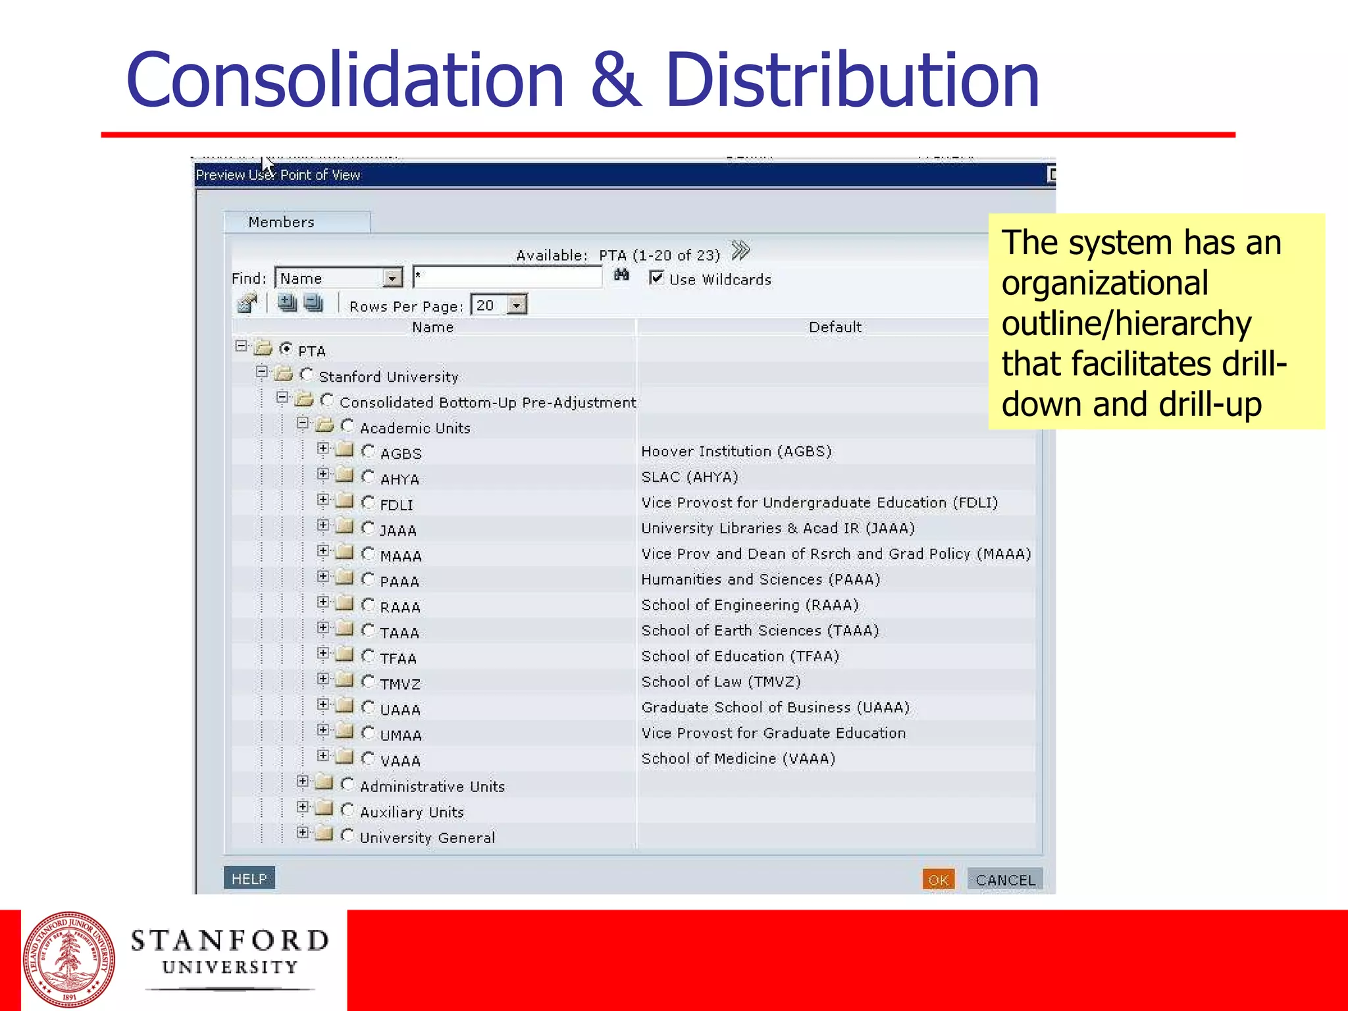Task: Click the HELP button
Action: click(249, 879)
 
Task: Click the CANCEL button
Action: click(1004, 880)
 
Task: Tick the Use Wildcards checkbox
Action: click(656, 278)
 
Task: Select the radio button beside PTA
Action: click(286, 349)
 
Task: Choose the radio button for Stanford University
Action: click(306, 375)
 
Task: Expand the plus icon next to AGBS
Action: click(323, 449)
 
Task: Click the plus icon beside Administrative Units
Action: click(302, 781)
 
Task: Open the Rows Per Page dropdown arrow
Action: click(517, 305)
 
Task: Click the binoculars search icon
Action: click(621, 275)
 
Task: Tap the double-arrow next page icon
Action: click(740, 251)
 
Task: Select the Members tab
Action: click(282, 222)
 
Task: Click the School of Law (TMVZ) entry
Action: click(721, 682)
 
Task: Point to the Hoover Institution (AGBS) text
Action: click(736, 452)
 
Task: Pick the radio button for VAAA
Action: click(368, 759)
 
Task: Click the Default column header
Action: click(835, 327)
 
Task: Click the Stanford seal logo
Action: click(69, 960)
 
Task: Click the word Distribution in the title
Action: click(852, 80)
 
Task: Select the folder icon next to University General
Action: click(324, 835)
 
